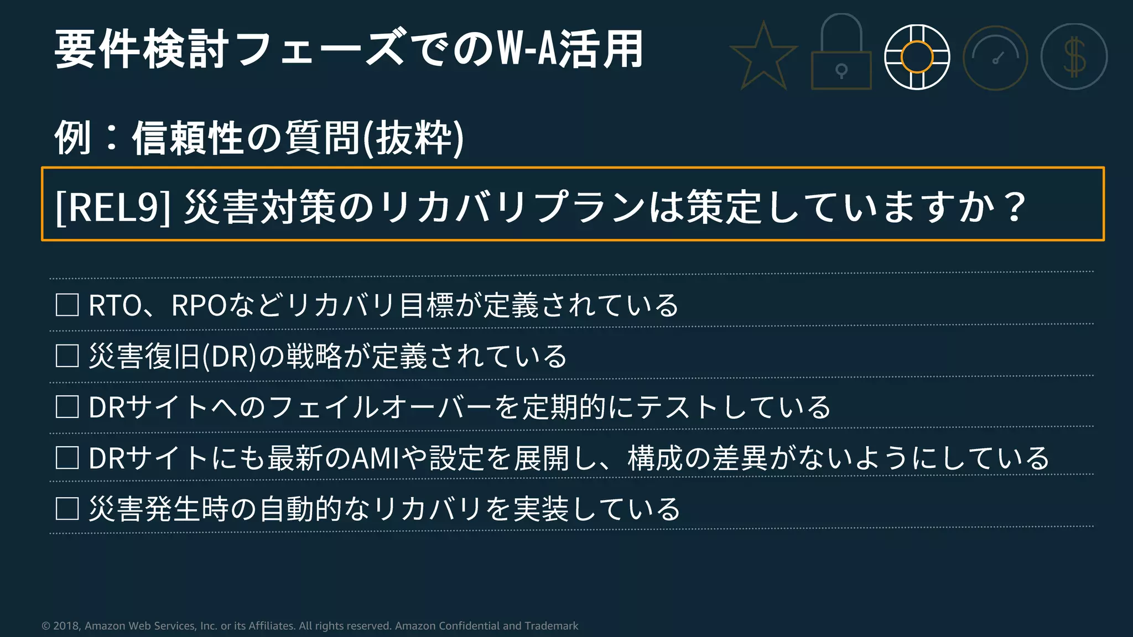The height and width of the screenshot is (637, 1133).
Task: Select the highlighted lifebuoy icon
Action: [917, 57]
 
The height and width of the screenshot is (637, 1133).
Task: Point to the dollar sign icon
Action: [1074, 57]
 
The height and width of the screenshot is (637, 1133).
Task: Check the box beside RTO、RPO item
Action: [67, 305]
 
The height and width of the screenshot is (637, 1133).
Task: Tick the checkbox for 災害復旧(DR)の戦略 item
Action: [67, 356]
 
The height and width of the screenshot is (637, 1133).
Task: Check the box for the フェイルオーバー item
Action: [67, 407]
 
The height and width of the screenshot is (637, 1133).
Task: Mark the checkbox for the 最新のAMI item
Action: [67, 458]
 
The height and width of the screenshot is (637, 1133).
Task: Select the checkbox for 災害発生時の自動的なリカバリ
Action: [67, 509]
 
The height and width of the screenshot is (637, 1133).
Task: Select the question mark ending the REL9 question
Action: [1015, 207]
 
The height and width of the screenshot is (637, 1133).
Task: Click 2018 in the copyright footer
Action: [66, 626]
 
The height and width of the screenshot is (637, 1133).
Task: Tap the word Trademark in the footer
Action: [551, 626]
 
